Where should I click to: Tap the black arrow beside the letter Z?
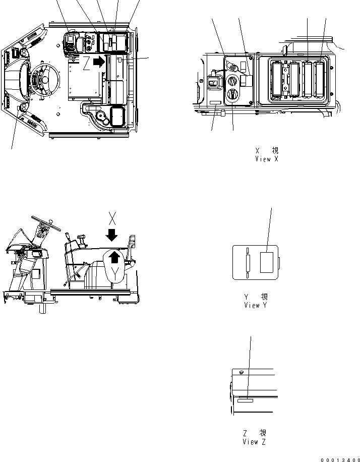click(101, 62)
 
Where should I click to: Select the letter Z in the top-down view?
click(87, 63)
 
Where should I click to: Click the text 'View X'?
click(267, 159)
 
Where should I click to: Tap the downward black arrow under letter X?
click(112, 235)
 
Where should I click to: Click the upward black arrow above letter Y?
click(115, 257)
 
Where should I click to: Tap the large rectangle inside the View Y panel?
click(267, 262)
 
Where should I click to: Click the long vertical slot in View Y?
click(248, 262)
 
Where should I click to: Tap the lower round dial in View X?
click(233, 94)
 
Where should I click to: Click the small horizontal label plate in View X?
click(215, 102)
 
